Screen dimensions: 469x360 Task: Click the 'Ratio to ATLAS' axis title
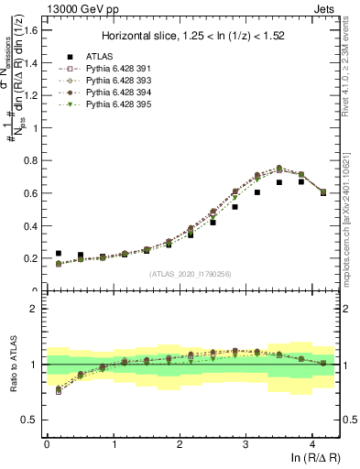tap(12, 365)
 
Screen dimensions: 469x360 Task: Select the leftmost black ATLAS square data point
tap(59, 253)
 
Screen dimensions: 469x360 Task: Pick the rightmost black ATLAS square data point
tap(322, 192)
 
